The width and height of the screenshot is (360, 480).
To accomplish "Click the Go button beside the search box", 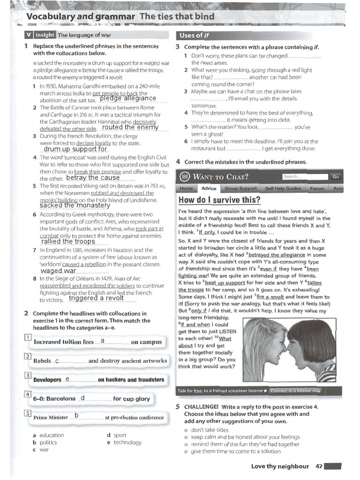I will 335,177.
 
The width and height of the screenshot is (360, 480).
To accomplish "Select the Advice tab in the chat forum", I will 209,188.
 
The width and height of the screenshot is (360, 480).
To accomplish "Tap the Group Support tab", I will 240,188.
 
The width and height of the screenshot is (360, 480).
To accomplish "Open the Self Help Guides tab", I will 283,188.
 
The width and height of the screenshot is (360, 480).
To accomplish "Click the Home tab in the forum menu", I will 186,188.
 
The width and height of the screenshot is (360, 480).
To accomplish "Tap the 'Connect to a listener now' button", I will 296,390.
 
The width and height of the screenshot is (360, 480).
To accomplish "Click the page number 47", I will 319,466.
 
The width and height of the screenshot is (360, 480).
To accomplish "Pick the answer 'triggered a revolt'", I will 96,298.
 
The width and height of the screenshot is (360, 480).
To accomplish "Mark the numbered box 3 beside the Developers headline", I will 28,375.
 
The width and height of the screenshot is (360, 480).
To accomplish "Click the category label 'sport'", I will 120,435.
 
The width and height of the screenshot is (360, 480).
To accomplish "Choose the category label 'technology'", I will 127,442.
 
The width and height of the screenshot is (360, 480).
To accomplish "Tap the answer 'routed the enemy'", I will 130,127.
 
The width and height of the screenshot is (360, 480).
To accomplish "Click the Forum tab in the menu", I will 317,188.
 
